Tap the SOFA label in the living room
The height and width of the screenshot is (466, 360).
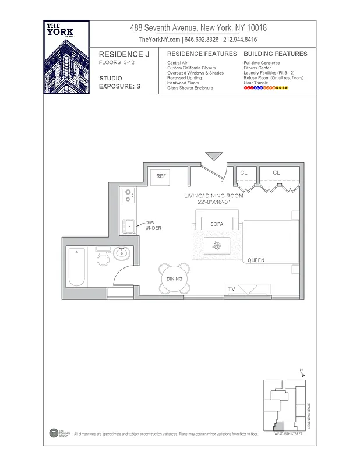pyautogui.click(x=217, y=224)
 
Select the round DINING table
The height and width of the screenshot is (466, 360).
pyautogui.click(x=175, y=278)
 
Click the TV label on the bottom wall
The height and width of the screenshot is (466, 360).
pyautogui.click(x=231, y=289)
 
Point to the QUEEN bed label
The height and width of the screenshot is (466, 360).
pyautogui.click(x=257, y=260)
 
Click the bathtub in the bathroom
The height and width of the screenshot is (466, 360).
pyautogui.click(x=76, y=267)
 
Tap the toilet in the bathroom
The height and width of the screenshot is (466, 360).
pyautogui.click(x=103, y=257)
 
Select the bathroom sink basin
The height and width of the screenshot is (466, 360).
pyautogui.click(x=122, y=254)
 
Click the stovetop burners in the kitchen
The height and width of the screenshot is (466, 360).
pyautogui.click(x=128, y=195)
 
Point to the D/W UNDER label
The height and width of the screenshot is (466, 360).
pyautogui.click(x=153, y=225)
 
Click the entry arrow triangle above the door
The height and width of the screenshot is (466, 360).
pyautogui.click(x=214, y=156)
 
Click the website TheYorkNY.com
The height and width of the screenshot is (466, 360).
pyautogui.click(x=159, y=40)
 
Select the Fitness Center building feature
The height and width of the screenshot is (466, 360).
pyautogui.click(x=257, y=68)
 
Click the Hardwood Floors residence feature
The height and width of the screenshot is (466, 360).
pyautogui.click(x=182, y=83)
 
